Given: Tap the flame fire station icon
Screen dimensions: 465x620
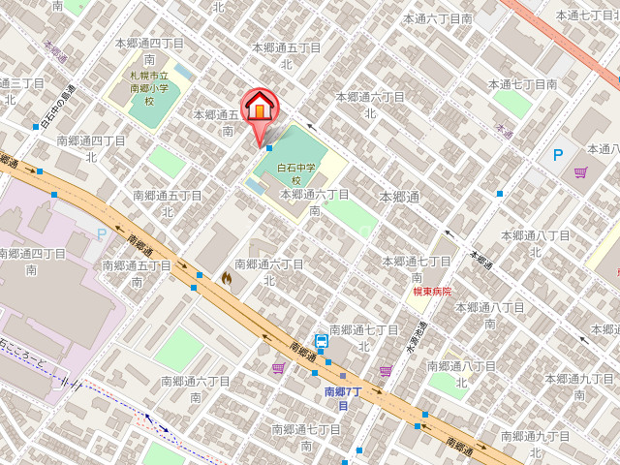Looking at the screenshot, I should point(227,278).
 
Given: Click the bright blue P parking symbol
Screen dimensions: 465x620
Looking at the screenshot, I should point(558,154).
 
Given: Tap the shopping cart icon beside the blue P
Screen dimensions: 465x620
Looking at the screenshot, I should point(580,172).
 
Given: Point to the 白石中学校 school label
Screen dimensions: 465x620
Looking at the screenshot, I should point(297,173).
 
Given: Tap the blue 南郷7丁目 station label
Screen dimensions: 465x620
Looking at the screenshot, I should point(342,398).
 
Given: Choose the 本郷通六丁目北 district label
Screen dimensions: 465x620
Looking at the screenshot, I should point(369,104).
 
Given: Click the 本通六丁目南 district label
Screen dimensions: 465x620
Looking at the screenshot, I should point(438,18).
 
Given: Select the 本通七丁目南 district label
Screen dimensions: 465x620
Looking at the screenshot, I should point(522,84).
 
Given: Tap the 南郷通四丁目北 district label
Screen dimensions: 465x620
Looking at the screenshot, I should point(91,147).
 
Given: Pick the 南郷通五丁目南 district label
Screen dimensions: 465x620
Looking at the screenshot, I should point(137,272).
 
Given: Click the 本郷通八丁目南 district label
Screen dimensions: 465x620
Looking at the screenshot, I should point(536,243).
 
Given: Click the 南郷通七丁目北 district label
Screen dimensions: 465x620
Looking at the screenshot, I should point(364,337).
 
